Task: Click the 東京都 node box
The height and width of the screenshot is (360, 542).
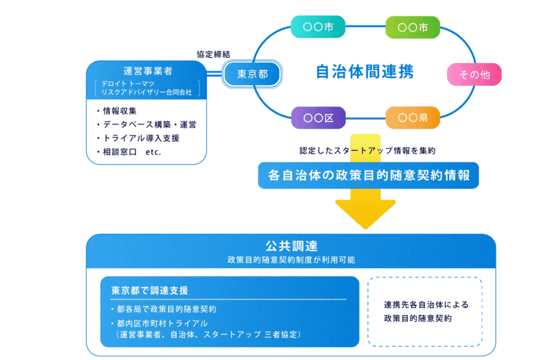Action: click(x=252, y=74)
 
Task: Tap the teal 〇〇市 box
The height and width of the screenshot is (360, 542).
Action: click(x=318, y=27)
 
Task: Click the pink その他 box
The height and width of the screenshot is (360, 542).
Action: click(x=474, y=75)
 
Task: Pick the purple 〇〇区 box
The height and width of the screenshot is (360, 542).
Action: click(x=318, y=118)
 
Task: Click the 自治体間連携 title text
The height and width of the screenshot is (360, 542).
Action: click(x=365, y=71)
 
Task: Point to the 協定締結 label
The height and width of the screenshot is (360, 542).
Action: click(x=213, y=54)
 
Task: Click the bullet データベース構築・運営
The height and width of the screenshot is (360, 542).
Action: click(x=146, y=125)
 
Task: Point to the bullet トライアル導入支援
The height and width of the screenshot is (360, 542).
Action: click(x=138, y=138)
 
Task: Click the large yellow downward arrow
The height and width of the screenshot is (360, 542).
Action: click(x=366, y=209)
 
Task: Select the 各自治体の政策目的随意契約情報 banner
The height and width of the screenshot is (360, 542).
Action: click(x=368, y=175)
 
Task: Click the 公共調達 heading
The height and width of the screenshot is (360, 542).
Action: click(x=291, y=246)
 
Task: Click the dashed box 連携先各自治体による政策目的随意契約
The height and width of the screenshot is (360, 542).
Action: click(x=425, y=312)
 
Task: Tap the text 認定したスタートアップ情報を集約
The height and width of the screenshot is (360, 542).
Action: click(x=366, y=151)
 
